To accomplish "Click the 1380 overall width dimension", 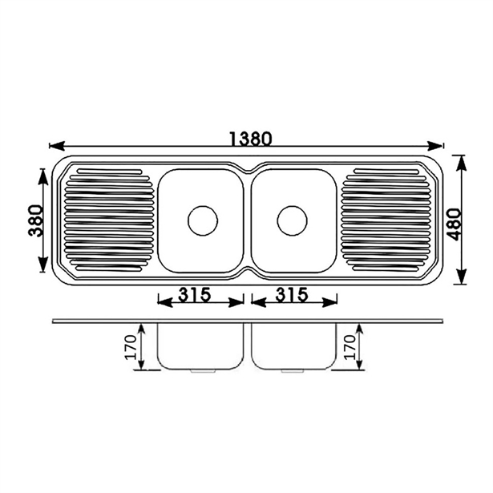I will pos(246,138).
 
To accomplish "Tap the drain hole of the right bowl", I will pos(292,220).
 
